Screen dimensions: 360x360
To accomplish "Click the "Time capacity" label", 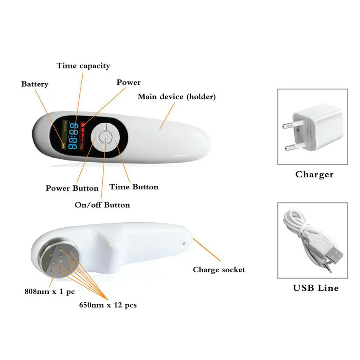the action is click(x=83, y=66).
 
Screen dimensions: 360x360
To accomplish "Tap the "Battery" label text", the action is click(x=35, y=84).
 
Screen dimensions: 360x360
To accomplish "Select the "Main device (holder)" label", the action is click(x=177, y=97).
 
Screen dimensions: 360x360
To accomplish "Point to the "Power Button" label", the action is click(x=72, y=188).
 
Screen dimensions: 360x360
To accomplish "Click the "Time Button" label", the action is click(x=134, y=187).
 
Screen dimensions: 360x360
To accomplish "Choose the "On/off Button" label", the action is click(x=102, y=205).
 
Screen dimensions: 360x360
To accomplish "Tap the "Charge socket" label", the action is click(x=219, y=269).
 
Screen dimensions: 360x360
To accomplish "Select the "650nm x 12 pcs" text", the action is click(x=108, y=305).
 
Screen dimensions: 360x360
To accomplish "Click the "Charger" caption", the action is click(x=314, y=175).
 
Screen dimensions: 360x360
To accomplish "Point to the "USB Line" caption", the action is click(x=316, y=288).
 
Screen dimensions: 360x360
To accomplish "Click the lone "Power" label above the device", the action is click(x=128, y=83).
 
